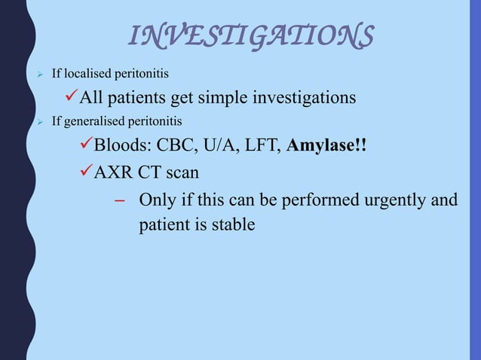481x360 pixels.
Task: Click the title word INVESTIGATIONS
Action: [x=251, y=35]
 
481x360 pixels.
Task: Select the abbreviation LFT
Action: [x=263, y=145]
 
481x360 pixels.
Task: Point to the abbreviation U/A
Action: [x=222, y=145]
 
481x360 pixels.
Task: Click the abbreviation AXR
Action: [x=113, y=173]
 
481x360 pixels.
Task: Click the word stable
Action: [x=233, y=225]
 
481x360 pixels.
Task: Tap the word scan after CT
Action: [x=182, y=173]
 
